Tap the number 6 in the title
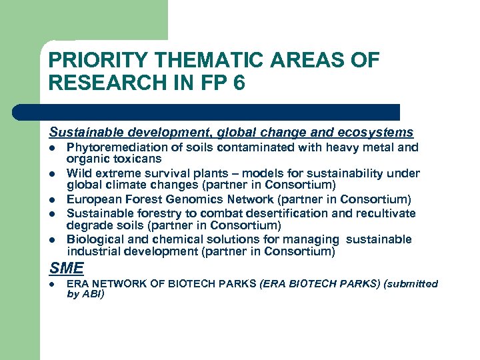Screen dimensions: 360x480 pyautogui.click(x=239, y=83)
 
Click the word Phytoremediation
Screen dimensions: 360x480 pyautogui.click(x=114, y=147)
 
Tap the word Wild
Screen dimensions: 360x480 pyautogui.click(x=79, y=173)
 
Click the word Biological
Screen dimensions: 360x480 pyautogui.click(x=94, y=239)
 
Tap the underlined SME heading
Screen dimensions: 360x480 pyautogui.click(x=67, y=269)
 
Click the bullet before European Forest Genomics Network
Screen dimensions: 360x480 pyautogui.click(x=53, y=200)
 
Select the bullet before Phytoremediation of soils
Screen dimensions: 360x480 pyautogui.click(x=53, y=148)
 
